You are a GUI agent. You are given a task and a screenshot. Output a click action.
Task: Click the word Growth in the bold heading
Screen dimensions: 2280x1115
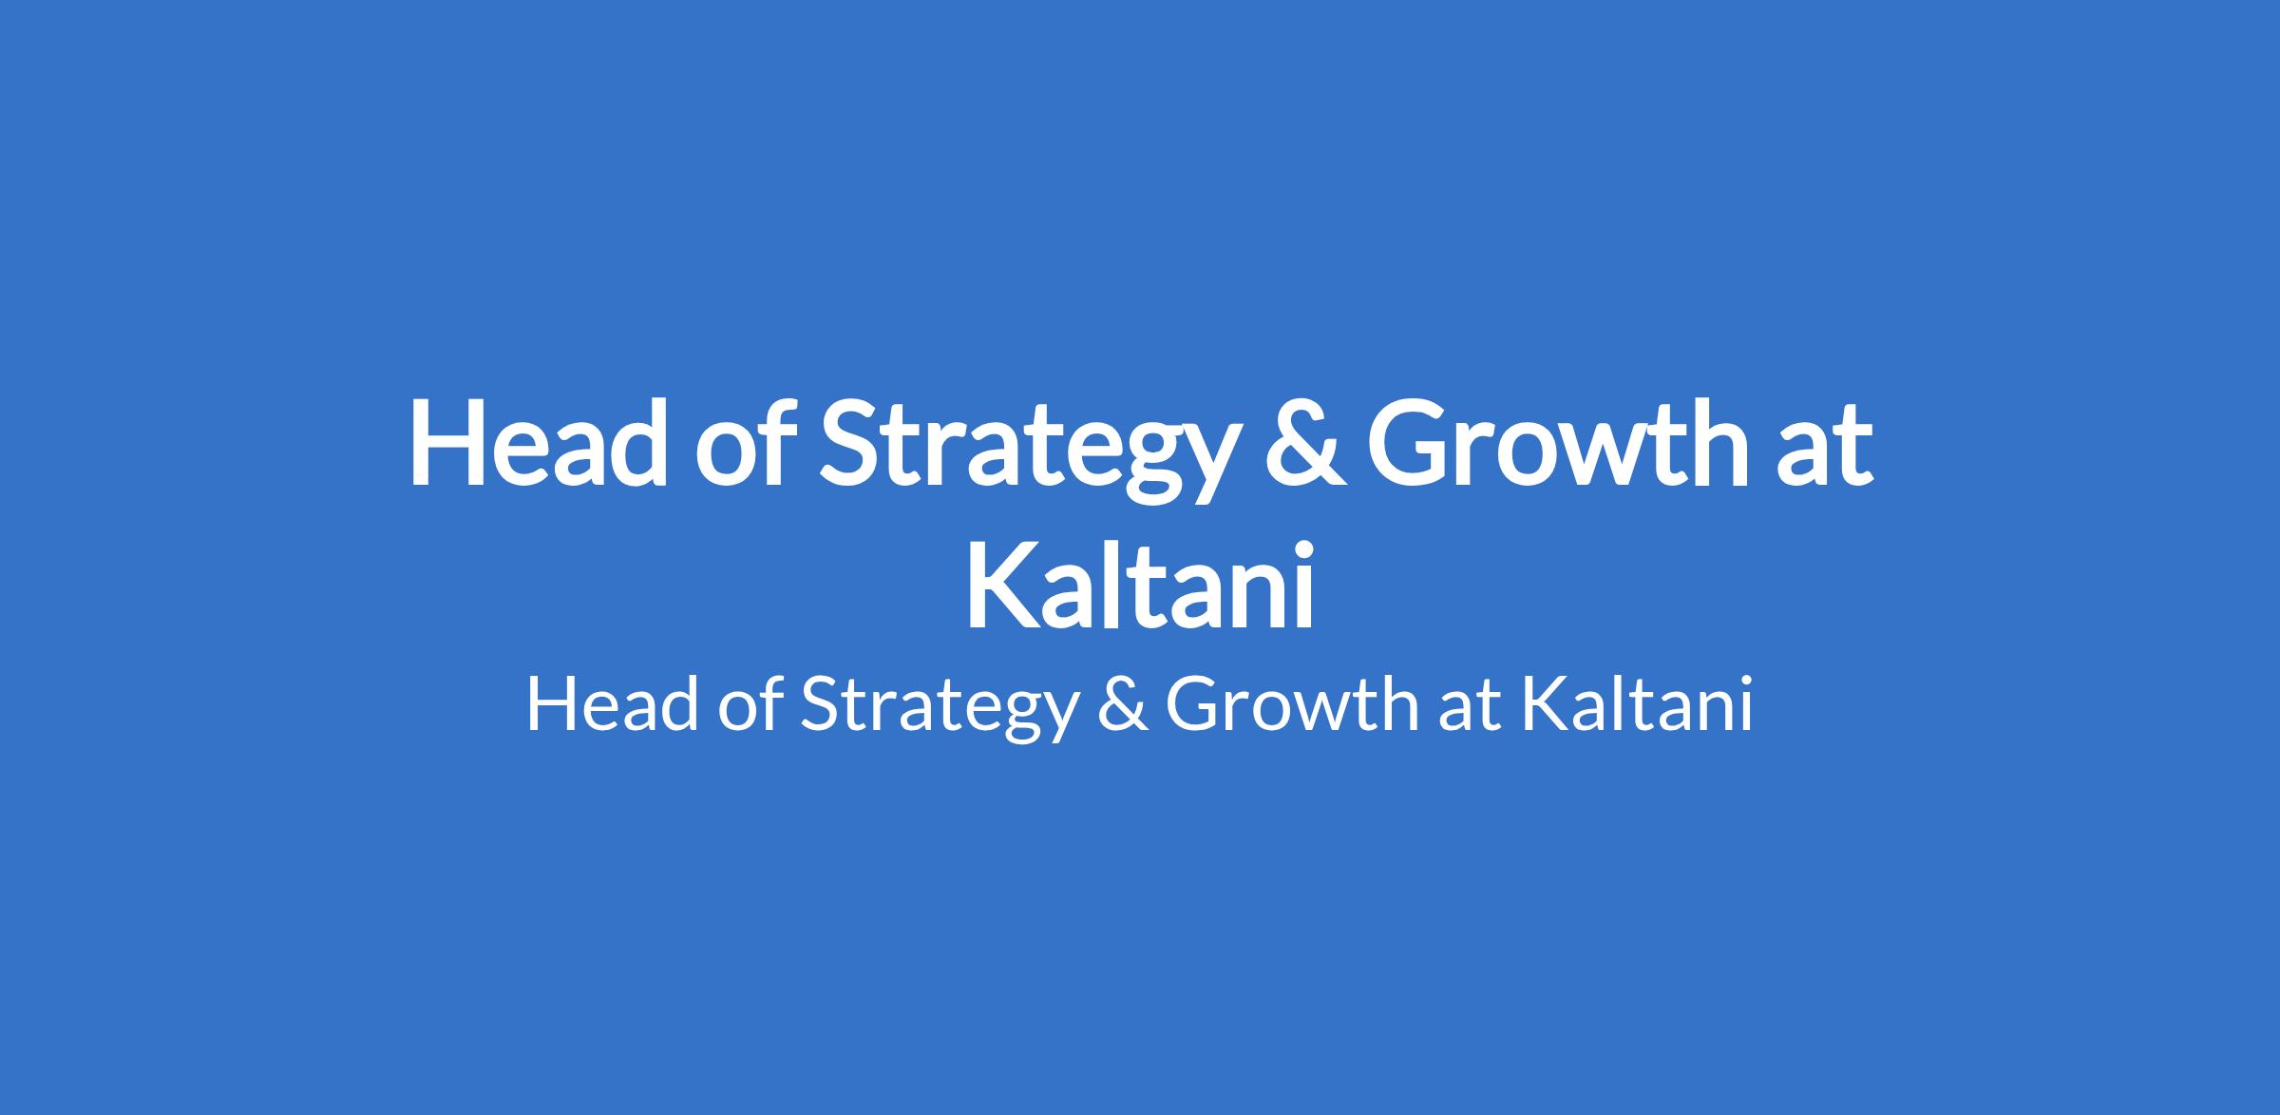pyautogui.click(x=1557, y=442)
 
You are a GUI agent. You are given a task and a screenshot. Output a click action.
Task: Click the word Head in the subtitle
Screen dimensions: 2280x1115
pyautogui.click(x=612, y=705)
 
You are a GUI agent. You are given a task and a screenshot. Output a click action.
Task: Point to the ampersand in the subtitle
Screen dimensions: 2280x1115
pyautogui.click(x=1122, y=705)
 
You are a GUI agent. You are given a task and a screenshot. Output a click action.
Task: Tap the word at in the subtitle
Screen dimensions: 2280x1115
pyautogui.click(x=1471, y=709)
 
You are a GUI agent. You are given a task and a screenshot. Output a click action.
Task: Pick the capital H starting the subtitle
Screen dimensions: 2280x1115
pyautogui.click(x=552, y=705)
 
